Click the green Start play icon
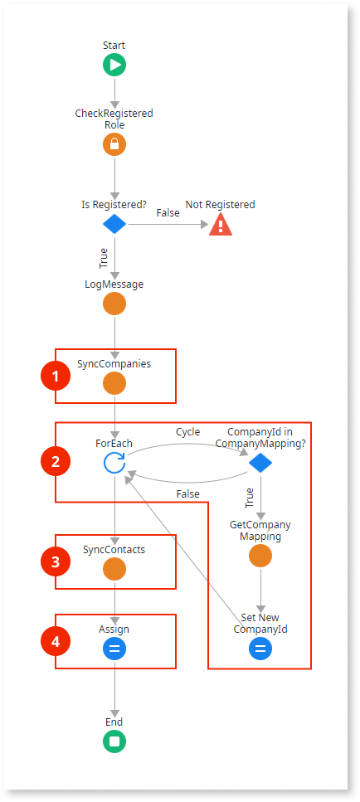(x=114, y=65)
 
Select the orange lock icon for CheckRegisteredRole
(x=114, y=145)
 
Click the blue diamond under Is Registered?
(x=114, y=225)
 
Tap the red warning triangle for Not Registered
(x=221, y=225)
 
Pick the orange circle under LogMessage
(x=114, y=304)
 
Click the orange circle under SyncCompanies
(x=114, y=383)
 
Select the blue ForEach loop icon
(x=114, y=464)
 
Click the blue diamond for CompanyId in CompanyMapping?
(x=260, y=464)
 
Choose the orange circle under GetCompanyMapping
(x=260, y=556)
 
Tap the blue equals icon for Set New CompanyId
(x=260, y=649)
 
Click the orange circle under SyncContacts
(x=114, y=569)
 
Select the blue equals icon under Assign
(x=114, y=649)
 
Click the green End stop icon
(x=114, y=741)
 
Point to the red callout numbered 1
(x=56, y=377)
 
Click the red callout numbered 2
(x=56, y=462)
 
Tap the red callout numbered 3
(x=56, y=562)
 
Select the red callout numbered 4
(x=56, y=641)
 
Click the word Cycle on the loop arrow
(x=187, y=432)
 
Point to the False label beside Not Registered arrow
(x=168, y=212)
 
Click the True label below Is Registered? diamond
(x=104, y=259)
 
